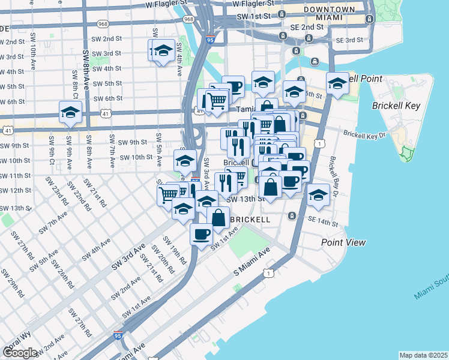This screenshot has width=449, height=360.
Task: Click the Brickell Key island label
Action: click(397, 106)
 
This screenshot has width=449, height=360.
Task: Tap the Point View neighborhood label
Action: click(343, 242)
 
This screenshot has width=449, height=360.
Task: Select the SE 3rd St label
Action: click(350, 40)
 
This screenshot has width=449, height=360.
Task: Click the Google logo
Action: click(20, 352)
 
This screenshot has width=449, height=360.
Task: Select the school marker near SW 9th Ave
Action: click(70, 112)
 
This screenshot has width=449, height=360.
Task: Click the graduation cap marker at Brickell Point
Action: click(337, 83)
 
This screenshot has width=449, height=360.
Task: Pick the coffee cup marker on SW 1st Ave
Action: click(201, 233)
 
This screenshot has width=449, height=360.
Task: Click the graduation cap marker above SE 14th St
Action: click(318, 194)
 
